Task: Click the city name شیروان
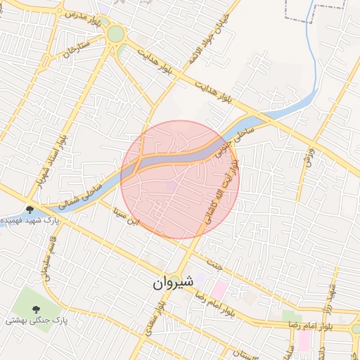(172, 283)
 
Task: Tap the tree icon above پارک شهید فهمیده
(30, 209)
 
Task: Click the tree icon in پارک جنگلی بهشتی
(35, 309)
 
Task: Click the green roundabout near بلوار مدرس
(115, 34)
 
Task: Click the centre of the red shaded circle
(180, 179)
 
